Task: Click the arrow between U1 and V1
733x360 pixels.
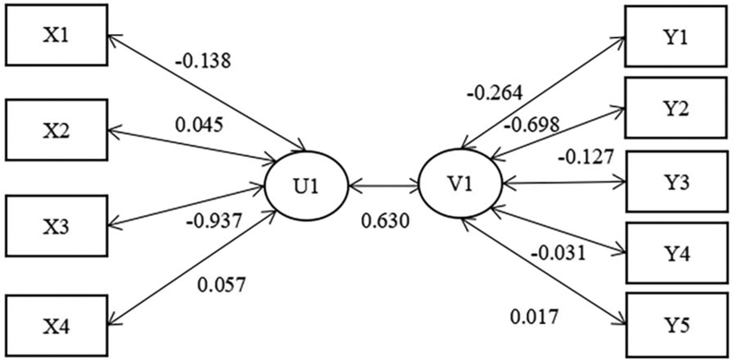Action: coord(385,185)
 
